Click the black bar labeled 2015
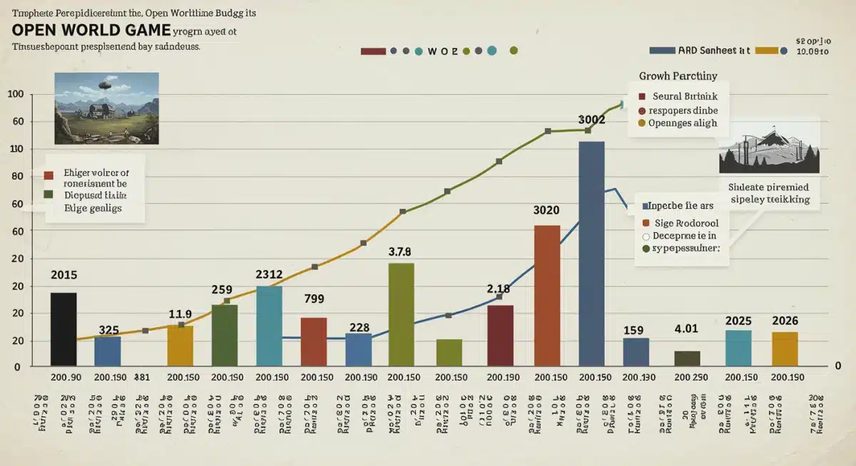click(63, 329)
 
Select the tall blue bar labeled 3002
click(591, 254)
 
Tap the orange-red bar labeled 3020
click(547, 296)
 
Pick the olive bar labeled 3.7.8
click(401, 314)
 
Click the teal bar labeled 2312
click(269, 326)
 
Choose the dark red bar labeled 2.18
click(500, 336)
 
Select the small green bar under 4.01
click(687, 358)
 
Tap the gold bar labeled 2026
click(785, 348)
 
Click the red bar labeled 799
click(314, 341)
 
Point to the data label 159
click(633, 330)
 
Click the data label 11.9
click(180, 313)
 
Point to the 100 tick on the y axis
click(15, 95)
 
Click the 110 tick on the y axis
click(15, 149)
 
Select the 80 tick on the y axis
click(15, 177)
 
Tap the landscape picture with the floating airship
click(106, 108)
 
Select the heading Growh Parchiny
click(678, 76)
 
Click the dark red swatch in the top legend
click(374, 51)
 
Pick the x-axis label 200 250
click(691, 377)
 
